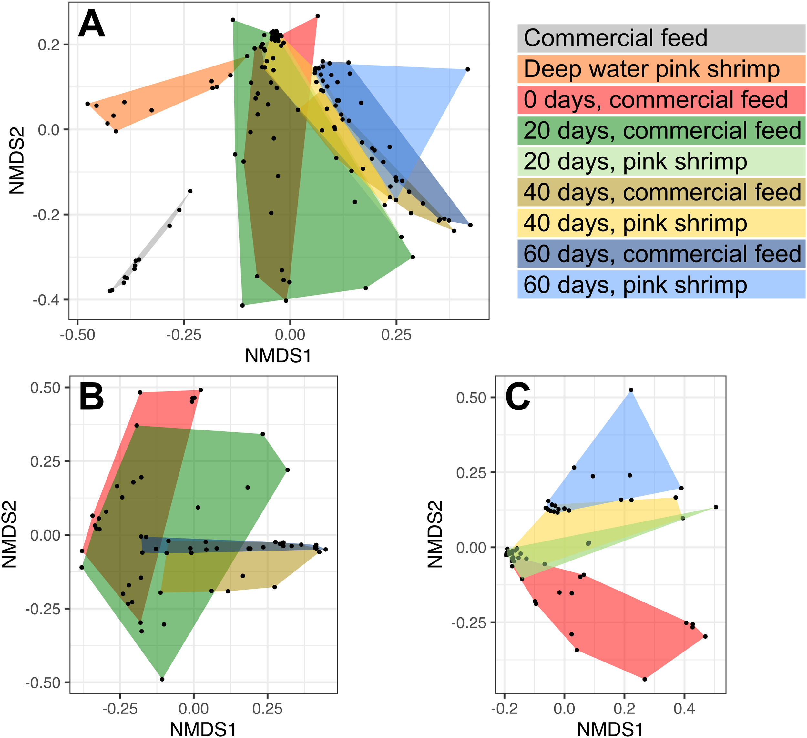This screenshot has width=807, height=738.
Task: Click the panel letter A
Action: pyautogui.click(x=91, y=25)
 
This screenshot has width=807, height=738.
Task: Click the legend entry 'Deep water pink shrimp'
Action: pyautogui.click(x=651, y=69)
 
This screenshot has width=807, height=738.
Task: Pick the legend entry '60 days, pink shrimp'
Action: pyautogui.click(x=635, y=285)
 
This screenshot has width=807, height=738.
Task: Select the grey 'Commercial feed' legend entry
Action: pyautogui.click(x=615, y=38)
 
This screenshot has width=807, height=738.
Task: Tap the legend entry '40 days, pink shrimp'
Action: pyautogui.click(x=635, y=223)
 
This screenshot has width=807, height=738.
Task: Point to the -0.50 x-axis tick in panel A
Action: pyautogui.click(x=78, y=335)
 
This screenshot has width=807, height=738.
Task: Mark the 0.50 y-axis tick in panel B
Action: pyautogui.click(x=45, y=388)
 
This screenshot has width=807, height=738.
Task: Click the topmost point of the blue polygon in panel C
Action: pyautogui.click(x=631, y=390)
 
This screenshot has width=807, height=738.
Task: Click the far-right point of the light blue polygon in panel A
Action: pyautogui.click(x=467, y=69)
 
